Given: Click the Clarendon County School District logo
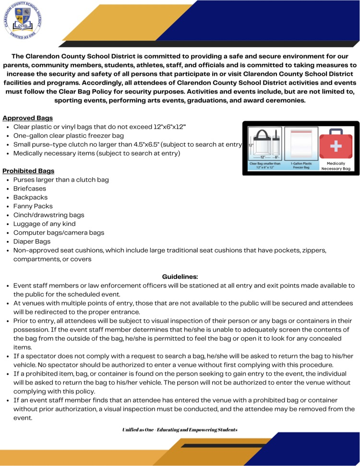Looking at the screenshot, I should [x=23, y=21].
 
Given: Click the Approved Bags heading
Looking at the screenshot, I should [x=27, y=118].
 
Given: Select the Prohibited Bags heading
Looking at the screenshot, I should [x=28, y=171].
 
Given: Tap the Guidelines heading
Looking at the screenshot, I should [x=180, y=276].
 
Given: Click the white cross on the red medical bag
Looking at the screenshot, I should [x=339, y=144].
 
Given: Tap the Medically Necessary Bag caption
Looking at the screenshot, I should [x=339, y=166].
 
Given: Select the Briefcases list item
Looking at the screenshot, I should [x=30, y=189].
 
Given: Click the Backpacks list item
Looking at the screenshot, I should [x=30, y=197].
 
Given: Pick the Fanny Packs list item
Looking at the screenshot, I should [x=33, y=206].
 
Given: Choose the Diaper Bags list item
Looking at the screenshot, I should [x=32, y=241].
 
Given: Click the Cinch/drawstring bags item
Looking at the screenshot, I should [x=48, y=215].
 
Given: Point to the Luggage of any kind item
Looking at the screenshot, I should [x=44, y=224].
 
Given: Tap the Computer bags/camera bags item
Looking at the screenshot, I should [x=59, y=233].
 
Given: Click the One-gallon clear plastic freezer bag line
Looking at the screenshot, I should [x=68, y=136].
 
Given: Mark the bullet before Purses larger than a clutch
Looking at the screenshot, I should [x=8, y=180].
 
